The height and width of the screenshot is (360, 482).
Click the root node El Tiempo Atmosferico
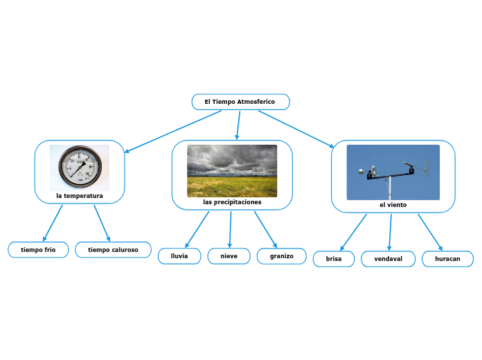click(240, 102)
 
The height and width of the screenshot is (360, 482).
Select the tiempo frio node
click(38, 249)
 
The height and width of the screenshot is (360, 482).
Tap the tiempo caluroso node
click(113, 249)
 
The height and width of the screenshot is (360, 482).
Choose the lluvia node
click(179, 256)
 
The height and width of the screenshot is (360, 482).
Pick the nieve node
click(229, 256)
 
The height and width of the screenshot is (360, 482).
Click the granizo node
click(281, 256)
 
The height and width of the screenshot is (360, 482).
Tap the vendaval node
click(388, 259)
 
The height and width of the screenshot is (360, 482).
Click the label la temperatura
click(80, 196)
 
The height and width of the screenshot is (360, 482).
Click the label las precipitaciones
click(232, 202)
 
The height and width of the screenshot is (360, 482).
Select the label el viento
click(393, 205)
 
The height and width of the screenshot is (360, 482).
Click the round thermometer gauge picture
click(80, 168)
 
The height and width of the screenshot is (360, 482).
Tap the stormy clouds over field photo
click(232, 170)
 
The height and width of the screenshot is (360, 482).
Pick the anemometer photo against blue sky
click(393, 172)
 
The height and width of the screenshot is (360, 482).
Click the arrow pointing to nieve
click(230, 228)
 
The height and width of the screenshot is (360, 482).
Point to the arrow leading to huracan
click(430, 232)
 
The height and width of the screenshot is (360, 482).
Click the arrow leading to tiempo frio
click(53, 223)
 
